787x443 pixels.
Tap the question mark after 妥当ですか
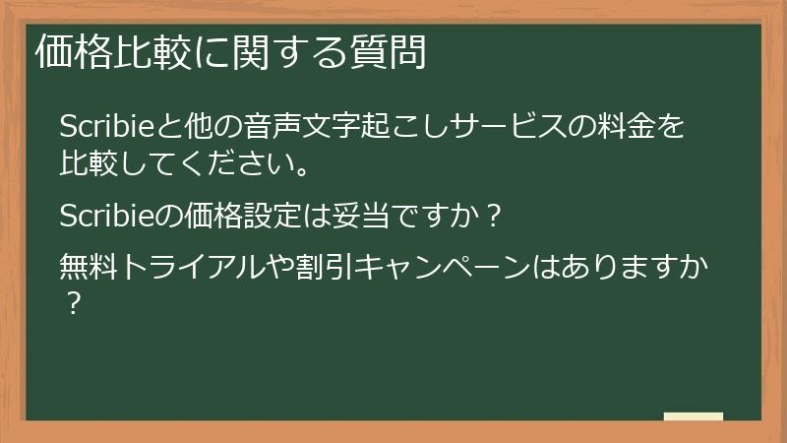495,215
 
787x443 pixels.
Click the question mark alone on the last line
70,301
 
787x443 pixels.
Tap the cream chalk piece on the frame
694,416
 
